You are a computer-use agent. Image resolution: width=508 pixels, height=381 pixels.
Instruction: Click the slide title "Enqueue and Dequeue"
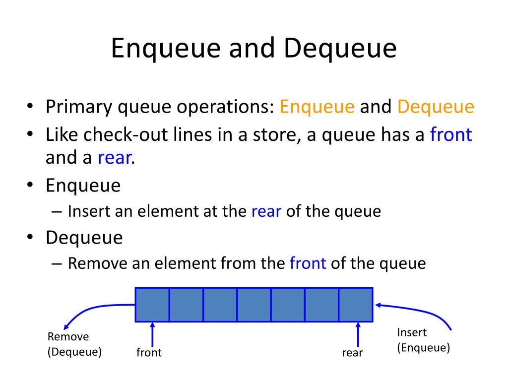tap(254, 49)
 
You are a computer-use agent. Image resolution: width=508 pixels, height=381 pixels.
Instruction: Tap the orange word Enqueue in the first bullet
tap(317, 107)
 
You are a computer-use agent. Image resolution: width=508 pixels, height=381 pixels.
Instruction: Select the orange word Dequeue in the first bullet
tap(436, 107)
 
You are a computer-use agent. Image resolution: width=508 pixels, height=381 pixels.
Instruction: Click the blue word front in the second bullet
tap(450, 134)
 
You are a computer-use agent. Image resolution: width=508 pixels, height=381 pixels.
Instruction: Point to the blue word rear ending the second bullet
tap(115, 158)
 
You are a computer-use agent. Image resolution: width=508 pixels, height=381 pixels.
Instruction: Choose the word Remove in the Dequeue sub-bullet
tap(97, 263)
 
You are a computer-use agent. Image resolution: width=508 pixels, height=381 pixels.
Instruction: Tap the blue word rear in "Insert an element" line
tap(266, 211)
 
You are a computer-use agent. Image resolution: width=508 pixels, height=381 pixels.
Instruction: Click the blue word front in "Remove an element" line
tap(308, 263)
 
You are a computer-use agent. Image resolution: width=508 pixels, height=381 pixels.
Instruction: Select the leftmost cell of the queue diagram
tap(152, 304)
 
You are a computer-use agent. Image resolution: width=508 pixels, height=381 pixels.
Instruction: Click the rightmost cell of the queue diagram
tap(356, 304)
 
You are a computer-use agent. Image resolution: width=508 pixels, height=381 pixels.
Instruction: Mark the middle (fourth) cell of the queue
tap(254, 304)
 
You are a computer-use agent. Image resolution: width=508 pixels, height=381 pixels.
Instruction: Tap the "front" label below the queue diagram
tap(149, 353)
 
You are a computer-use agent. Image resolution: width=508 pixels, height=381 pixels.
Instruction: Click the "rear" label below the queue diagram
tap(352, 353)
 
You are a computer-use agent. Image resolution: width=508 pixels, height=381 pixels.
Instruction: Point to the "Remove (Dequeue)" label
tap(74, 344)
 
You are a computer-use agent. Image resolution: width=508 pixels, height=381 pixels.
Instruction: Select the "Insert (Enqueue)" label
tap(423, 340)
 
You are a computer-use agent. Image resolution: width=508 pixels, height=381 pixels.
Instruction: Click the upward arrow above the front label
tap(152, 335)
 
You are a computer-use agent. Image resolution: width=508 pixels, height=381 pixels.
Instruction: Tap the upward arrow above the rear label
tap(358, 335)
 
